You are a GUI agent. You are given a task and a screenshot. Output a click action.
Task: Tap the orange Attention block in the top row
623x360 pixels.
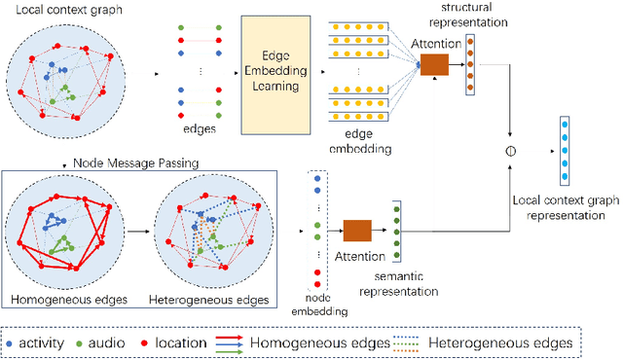433,64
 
